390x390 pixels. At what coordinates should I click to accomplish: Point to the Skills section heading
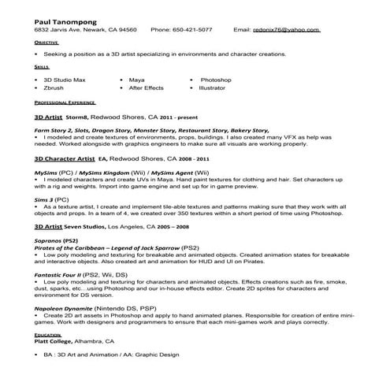pyautogui.click(x=41, y=69)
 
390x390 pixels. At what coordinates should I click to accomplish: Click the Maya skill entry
pyautogui.click(x=136, y=80)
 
